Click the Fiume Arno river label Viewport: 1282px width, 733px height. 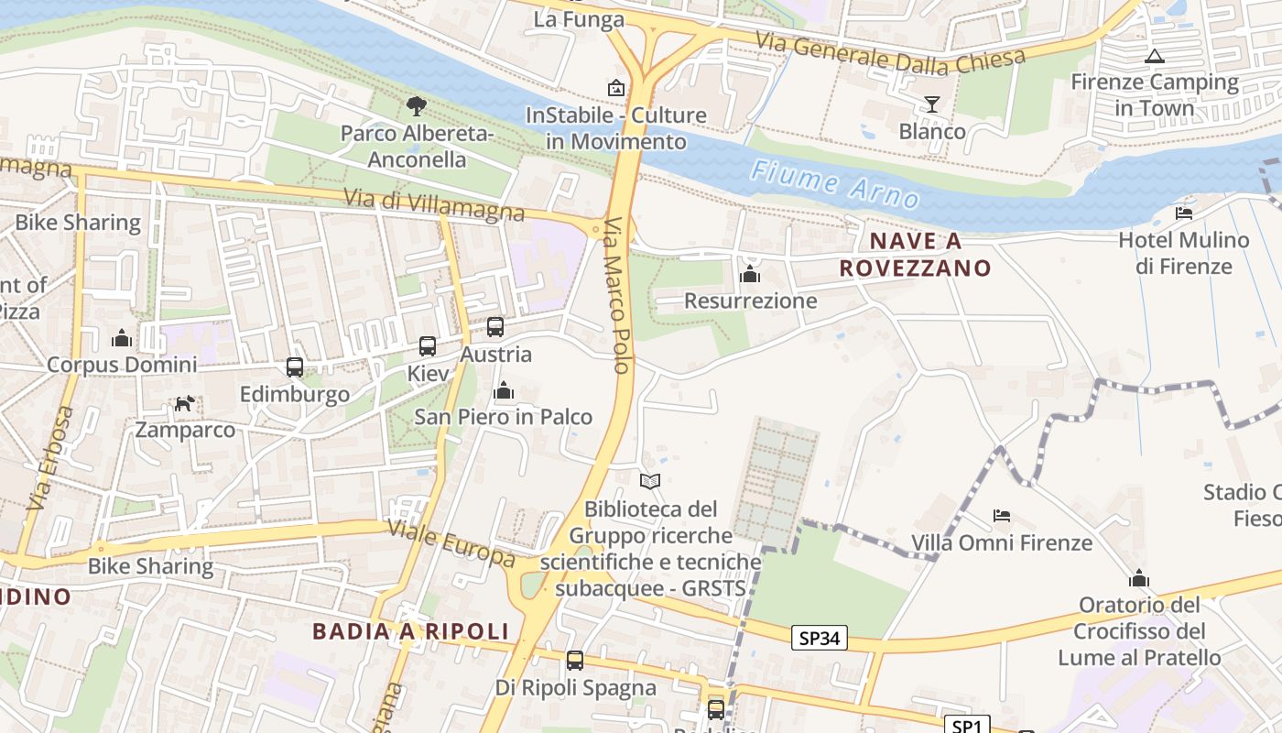(x=833, y=183)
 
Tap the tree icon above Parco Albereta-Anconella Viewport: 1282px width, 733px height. (x=417, y=106)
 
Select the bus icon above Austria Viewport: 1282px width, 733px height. (x=495, y=326)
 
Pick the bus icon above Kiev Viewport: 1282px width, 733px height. (x=428, y=346)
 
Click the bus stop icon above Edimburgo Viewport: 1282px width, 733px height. (x=295, y=367)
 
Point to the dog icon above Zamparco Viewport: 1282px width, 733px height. (x=185, y=403)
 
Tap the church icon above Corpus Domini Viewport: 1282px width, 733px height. (x=122, y=338)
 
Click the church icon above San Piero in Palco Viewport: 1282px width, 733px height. (x=503, y=391)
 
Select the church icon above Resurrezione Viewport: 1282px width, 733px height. (x=750, y=274)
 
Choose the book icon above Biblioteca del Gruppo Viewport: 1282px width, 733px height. (x=650, y=481)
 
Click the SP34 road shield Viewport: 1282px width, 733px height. (x=820, y=638)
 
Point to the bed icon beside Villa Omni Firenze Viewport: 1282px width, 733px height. (x=1002, y=516)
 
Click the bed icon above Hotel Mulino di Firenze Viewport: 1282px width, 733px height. (x=1184, y=213)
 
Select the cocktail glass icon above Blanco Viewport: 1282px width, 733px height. (x=932, y=104)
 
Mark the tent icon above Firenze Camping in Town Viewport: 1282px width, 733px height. (x=1155, y=56)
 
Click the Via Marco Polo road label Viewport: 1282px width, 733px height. (x=618, y=295)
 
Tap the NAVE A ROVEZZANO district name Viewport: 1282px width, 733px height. (x=916, y=255)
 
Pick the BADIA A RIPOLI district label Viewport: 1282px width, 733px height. (x=410, y=631)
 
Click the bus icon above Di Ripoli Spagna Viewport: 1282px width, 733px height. (x=575, y=660)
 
